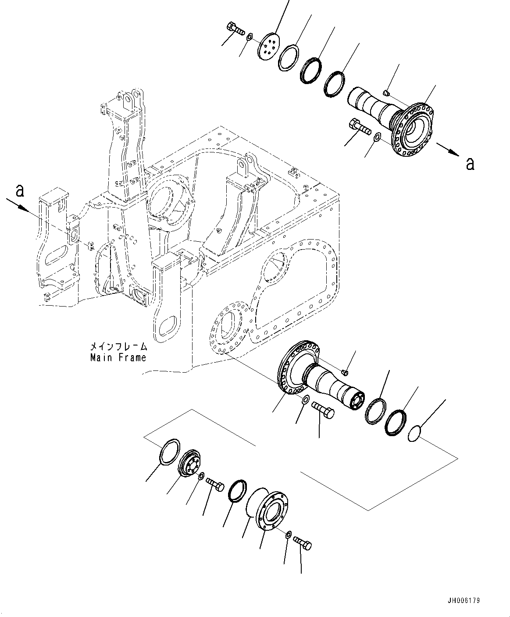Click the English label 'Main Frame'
coord(118,358)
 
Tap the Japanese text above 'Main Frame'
coord(118,346)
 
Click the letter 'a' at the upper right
coord(470,164)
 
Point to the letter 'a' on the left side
coord(19,191)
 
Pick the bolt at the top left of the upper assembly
coord(235,29)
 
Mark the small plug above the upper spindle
coord(386,92)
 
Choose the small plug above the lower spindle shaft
coord(345,372)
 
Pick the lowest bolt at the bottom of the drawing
coord(303,543)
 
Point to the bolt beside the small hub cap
coord(214,484)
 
